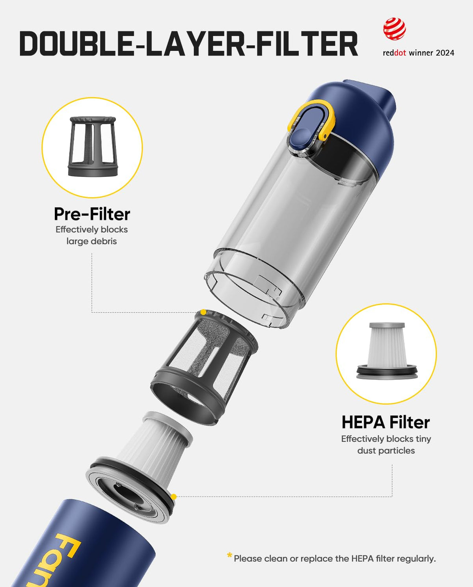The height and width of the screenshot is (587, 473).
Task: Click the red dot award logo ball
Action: [x=395, y=29]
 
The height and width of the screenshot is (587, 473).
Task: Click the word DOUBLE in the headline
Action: [x=78, y=44]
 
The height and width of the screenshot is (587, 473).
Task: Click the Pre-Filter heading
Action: [x=92, y=214]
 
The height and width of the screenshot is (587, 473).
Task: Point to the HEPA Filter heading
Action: [x=385, y=422]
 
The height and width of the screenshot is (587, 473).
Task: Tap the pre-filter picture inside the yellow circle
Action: [x=93, y=147]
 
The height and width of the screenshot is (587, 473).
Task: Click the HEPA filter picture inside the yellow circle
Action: [x=387, y=351]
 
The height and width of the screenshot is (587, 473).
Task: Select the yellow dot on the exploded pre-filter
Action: [x=203, y=312]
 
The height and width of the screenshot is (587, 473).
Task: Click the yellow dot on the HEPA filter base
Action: [x=173, y=496]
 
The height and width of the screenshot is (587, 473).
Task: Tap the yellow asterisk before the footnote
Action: [x=229, y=555]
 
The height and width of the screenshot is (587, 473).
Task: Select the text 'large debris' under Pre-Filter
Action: [x=92, y=241]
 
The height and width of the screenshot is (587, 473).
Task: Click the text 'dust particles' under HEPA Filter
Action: [x=386, y=451]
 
